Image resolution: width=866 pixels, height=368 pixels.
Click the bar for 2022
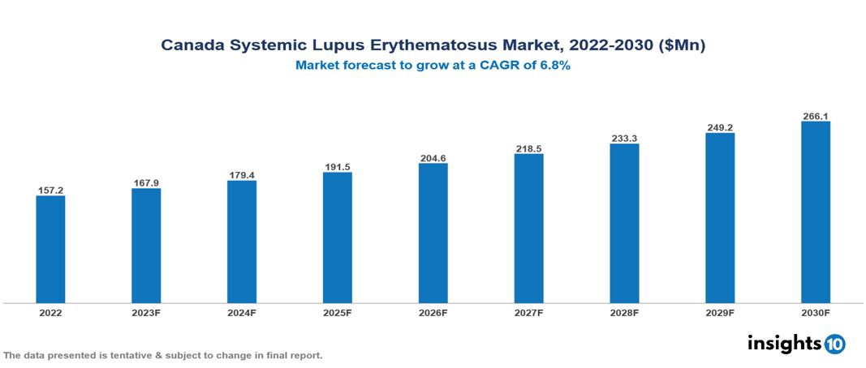pyautogui.click(x=50, y=249)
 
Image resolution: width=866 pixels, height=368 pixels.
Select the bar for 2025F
pyautogui.click(x=337, y=237)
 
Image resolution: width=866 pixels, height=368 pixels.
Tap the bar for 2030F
pyautogui.click(x=815, y=212)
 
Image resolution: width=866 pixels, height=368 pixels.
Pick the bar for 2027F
pyautogui.click(x=528, y=229)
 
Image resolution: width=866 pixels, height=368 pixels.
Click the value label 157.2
pyautogui.click(x=50, y=190)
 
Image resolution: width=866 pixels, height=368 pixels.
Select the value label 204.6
pyautogui.click(x=433, y=158)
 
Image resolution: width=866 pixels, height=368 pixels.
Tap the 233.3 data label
pyautogui.click(x=624, y=139)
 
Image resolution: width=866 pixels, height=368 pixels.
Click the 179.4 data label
pyautogui.click(x=241, y=175)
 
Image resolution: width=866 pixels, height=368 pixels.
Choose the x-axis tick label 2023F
pyautogui.click(x=146, y=313)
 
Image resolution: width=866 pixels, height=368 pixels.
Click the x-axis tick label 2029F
pyautogui.click(x=720, y=313)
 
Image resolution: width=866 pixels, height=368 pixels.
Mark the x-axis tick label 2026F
pyautogui.click(x=433, y=313)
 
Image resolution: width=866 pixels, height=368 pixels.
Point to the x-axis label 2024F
pyautogui.click(x=241, y=313)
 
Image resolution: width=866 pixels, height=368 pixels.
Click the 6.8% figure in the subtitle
pyautogui.click(x=551, y=66)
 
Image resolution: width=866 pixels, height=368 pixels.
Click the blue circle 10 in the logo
pyautogui.click(x=834, y=344)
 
